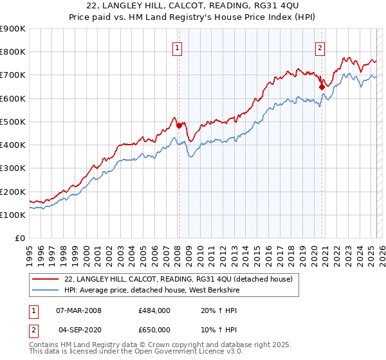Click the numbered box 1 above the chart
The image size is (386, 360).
(176, 46)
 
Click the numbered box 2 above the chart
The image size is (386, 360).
(320, 46)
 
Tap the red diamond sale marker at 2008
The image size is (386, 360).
(179, 125)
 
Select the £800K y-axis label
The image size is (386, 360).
(13, 51)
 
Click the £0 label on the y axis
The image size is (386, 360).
(20, 238)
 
